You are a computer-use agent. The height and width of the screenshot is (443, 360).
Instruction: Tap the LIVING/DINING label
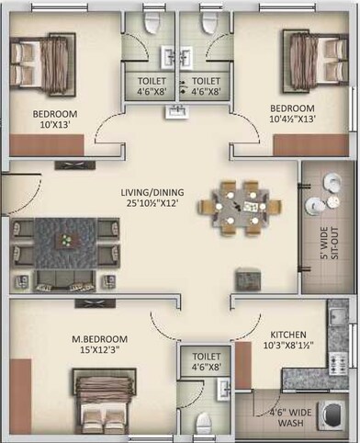coord(153,192)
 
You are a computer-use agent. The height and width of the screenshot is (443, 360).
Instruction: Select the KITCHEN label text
coord(287,335)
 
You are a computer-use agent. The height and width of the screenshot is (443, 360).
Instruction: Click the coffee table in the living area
coord(65,241)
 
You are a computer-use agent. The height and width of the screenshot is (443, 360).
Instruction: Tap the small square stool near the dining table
coord(245,276)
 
